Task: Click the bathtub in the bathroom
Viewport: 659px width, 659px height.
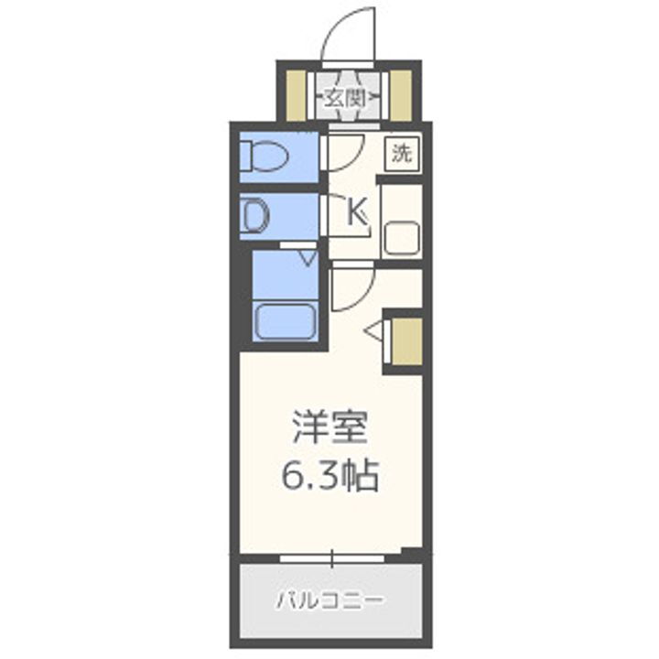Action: (x=285, y=321)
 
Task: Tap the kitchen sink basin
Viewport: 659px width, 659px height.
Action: (x=401, y=239)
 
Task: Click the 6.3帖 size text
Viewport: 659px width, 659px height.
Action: (x=329, y=475)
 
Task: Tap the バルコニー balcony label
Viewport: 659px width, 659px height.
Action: (x=329, y=601)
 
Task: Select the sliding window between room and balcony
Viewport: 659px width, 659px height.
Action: (x=332, y=556)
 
